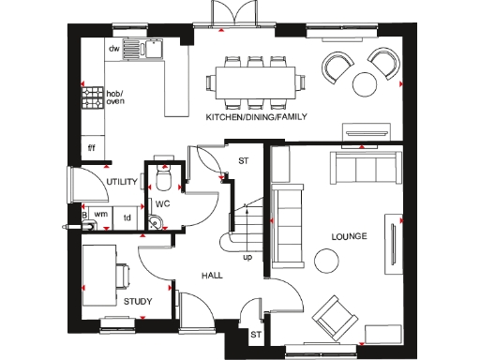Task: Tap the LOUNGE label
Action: tap(349, 236)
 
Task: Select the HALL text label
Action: tap(211, 277)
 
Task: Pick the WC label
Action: tap(161, 202)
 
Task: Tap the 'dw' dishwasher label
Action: tap(113, 48)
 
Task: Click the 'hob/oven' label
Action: tap(113, 98)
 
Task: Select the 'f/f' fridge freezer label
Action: tap(92, 147)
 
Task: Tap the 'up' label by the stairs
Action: tap(247, 256)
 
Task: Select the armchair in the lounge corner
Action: tap(334, 317)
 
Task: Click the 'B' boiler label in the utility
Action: tap(84, 216)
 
